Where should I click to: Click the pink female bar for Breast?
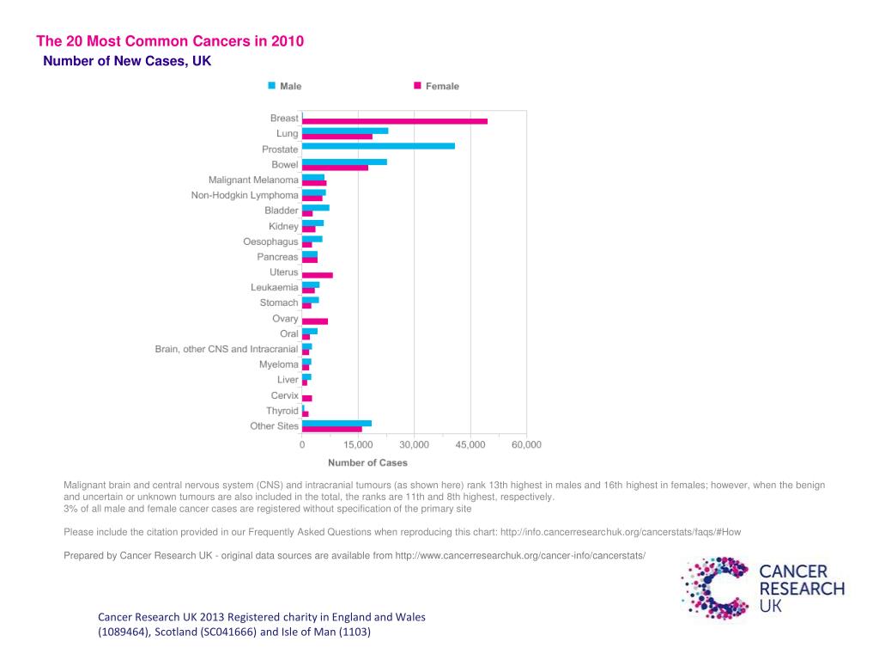(x=395, y=121)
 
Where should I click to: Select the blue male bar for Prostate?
(x=378, y=146)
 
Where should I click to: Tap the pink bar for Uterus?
(x=317, y=275)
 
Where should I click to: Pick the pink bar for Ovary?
(x=314, y=321)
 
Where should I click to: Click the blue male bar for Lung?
(x=345, y=131)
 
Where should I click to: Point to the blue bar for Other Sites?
(x=336, y=423)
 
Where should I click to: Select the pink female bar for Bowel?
(x=335, y=168)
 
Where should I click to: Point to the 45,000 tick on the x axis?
(x=470, y=444)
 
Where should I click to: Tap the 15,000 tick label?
(x=358, y=444)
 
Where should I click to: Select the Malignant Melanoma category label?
(x=253, y=180)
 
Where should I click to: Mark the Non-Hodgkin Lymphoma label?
(x=245, y=195)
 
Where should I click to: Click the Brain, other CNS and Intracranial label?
(x=227, y=349)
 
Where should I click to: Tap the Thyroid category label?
(x=282, y=411)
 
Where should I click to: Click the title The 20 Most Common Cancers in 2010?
(x=170, y=41)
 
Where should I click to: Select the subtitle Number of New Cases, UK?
(x=127, y=61)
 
